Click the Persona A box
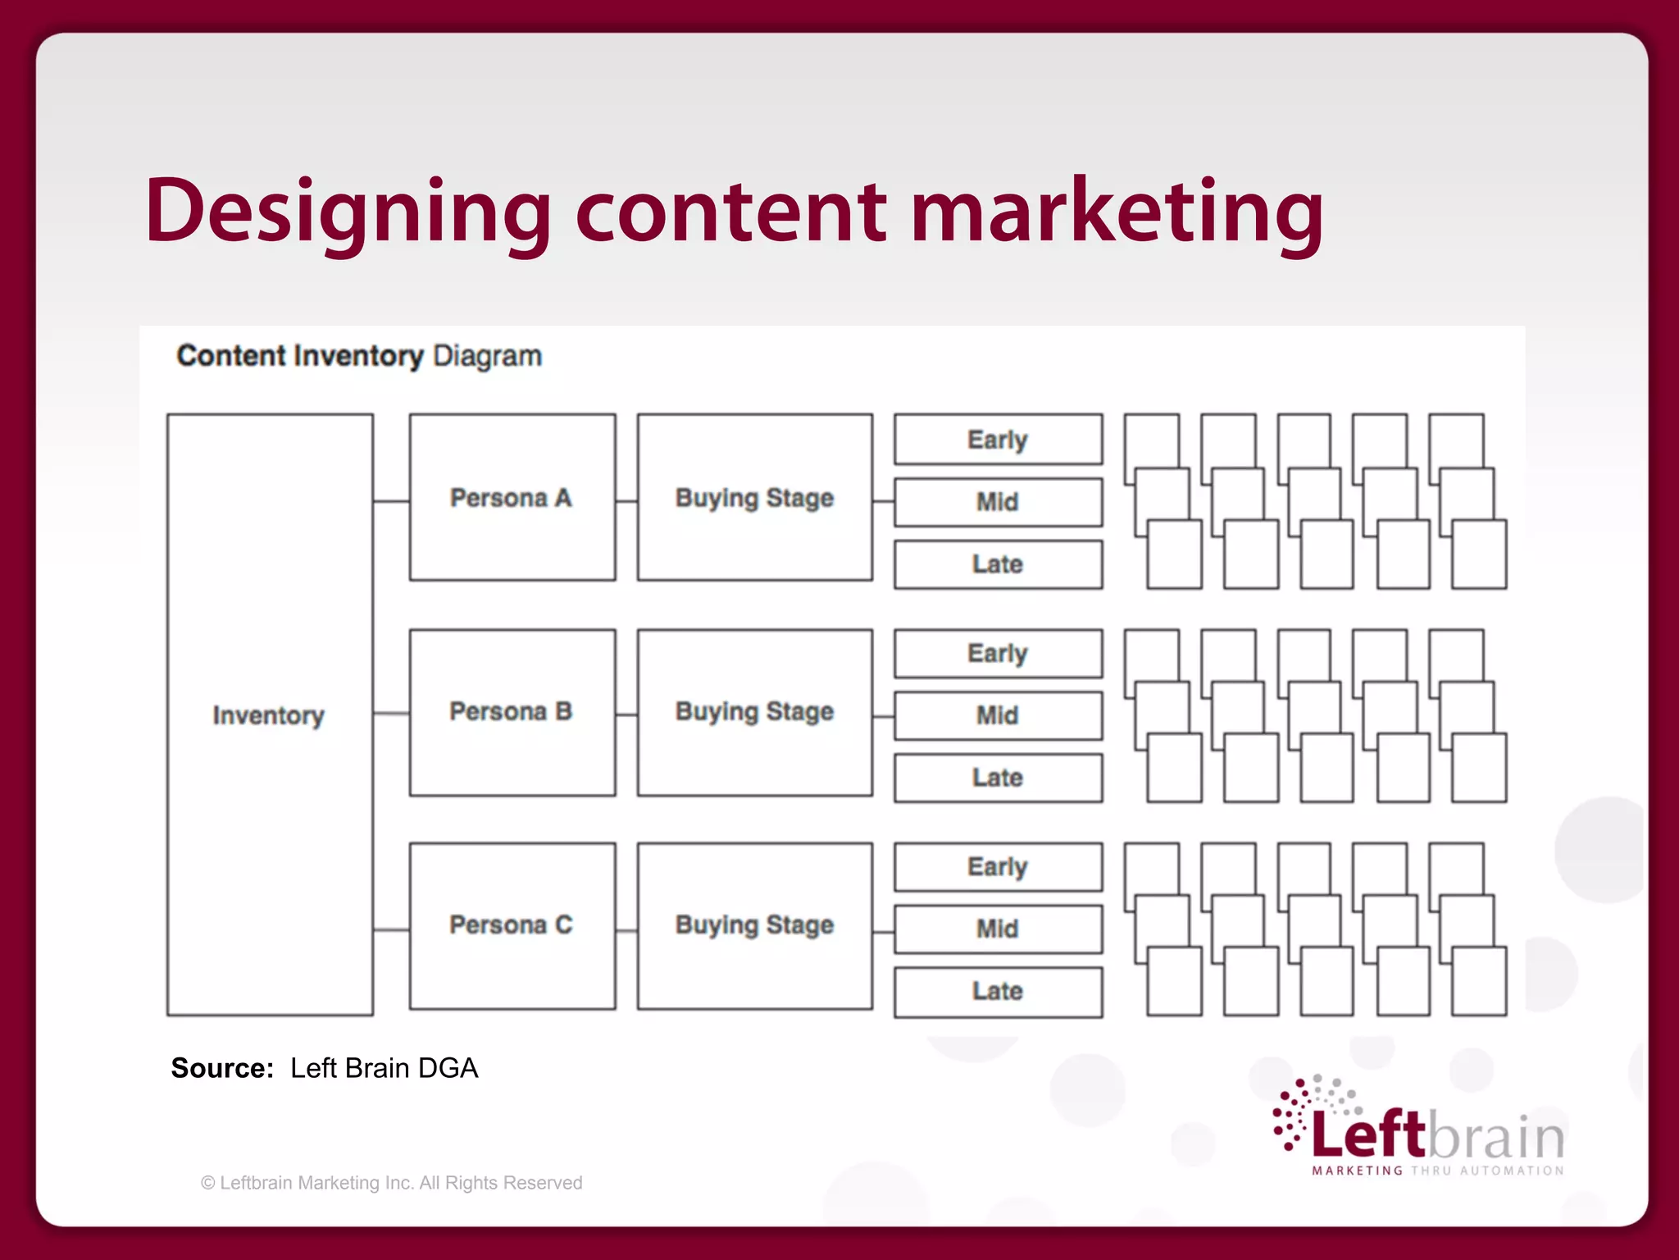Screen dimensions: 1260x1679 [x=512, y=498]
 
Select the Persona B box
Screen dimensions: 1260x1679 [x=512, y=712]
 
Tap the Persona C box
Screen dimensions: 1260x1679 [x=512, y=925]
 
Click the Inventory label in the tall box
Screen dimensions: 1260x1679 [x=268, y=715]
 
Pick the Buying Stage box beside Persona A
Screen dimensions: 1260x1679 [x=754, y=498]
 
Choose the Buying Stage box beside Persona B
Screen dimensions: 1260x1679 [x=754, y=712]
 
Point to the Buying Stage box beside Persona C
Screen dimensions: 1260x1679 [x=754, y=925]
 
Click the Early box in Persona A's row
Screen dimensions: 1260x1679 [x=998, y=440]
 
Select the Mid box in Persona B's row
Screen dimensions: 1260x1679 [x=998, y=715]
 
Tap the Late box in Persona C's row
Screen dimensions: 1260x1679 [x=998, y=991]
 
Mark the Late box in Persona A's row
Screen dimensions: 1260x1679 [x=998, y=564]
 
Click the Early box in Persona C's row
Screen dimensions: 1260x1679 [x=998, y=866]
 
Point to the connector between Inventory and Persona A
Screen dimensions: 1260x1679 [x=391, y=501]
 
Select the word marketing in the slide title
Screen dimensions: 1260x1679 [x=1117, y=212]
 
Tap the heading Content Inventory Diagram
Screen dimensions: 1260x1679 [x=359, y=356]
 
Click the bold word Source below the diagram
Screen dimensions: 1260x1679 [x=221, y=1068]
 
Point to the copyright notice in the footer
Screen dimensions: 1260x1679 [x=391, y=1183]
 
